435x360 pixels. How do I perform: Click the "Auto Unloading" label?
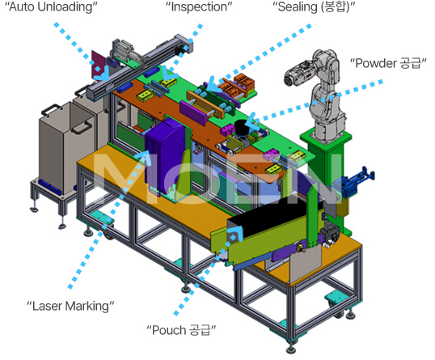(51, 7)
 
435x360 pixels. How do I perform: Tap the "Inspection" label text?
(199, 7)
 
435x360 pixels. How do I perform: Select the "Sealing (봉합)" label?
(314, 7)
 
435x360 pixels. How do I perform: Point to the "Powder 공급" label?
(388, 63)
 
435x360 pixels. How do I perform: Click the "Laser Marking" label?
(70, 306)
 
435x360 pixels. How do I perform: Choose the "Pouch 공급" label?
(181, 330)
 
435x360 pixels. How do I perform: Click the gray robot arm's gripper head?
(294, 74)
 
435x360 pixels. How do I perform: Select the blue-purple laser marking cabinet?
(164, 155)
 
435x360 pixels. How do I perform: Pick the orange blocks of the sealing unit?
(239, 84)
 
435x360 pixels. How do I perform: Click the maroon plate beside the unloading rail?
(98, 65)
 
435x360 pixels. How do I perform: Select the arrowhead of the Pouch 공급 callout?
(236, 233)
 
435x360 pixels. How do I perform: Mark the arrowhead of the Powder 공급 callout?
(252, 122)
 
